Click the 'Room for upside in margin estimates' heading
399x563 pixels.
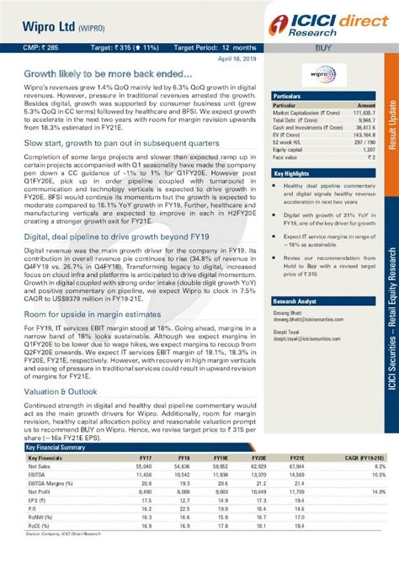tap(92, 313)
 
